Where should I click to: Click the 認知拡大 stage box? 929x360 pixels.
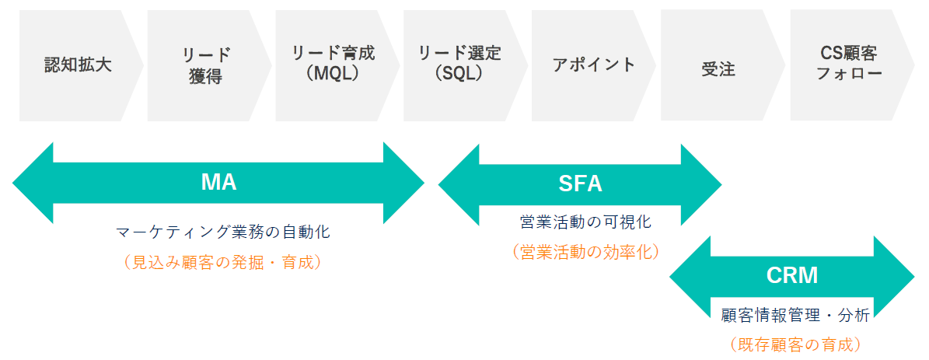click(x=78, y=65)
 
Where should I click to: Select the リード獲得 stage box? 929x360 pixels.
click(x=206, y=65)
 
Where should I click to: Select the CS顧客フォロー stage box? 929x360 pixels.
click(x=848, y=65)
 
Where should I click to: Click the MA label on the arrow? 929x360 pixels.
click(x=218, y=183)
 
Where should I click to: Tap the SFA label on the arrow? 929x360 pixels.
click(x=580, y=184)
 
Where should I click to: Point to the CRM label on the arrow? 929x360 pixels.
click(x=791, y=276)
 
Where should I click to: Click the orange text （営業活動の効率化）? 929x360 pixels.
click(x=585, y=252)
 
